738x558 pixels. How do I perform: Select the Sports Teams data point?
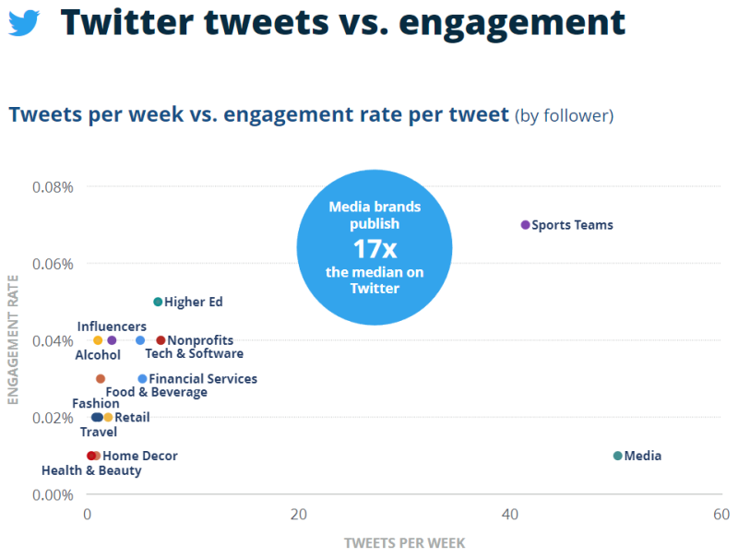coord(526,225)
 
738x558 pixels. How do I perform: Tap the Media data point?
coord(618,456)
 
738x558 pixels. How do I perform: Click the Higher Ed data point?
coord(158,302)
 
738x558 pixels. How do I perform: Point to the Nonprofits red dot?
coord(161,340)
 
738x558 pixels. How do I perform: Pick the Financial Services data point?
coord(142,379)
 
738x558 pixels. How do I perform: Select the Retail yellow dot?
coord(108,418)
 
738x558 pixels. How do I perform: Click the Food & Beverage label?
coord(156,392)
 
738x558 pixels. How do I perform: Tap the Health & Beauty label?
coord(91,470)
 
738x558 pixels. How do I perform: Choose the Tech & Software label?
coord(194,353)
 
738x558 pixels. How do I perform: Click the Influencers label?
coord(112,326)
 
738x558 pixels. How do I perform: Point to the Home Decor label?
coord(140,456)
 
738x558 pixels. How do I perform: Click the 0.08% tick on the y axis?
coord(53,187)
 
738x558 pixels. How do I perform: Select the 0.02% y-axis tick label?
coord(53,418)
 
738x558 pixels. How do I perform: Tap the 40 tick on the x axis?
coord(510,514)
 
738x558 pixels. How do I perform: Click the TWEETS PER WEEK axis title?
coord(404,542)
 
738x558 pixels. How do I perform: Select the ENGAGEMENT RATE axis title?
coord(13,340)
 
